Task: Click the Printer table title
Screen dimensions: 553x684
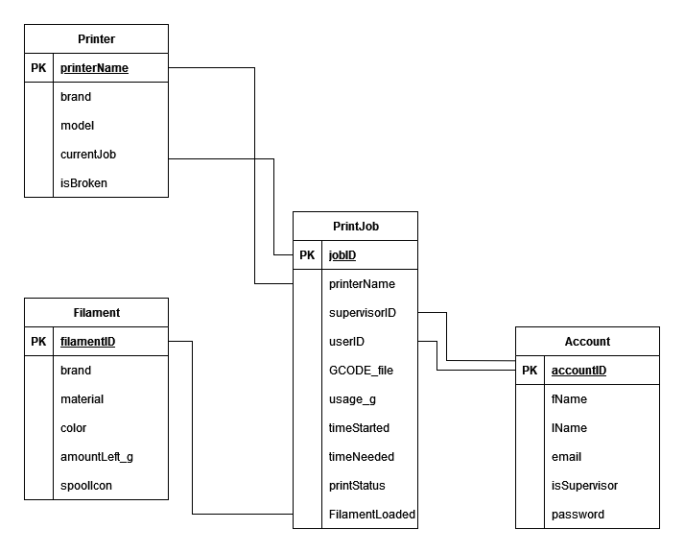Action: [x=96, y=39]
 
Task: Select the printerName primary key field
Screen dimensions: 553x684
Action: [x=94, y=68]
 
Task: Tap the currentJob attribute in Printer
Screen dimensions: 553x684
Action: [x=88, y=155]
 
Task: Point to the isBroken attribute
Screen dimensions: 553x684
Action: [x=83, y=183]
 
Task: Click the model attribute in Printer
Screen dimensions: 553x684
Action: [x=77, y=126]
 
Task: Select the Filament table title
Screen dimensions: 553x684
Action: [x=96, y=313]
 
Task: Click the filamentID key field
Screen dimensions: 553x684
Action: [x=87, y=342]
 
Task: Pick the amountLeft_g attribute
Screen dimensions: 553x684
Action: [x=97, y=457]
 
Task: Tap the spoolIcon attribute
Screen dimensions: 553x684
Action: [x=86, y=486]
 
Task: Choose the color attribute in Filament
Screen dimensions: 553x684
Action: [x=75, y=428]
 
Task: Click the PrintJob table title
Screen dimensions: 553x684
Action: [x=356, y=227]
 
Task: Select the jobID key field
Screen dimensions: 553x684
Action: [x=342, y=255]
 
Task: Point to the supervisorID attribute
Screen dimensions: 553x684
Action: [x=363, y=313]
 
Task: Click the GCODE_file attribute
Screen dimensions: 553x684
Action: [x=361, y=371]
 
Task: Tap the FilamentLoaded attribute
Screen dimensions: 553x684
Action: [x=372, y=515]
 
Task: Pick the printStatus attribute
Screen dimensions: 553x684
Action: [x=357, y=486]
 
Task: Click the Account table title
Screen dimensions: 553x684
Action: [x=587, y=342]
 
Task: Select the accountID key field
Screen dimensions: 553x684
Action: [x=578, y=371]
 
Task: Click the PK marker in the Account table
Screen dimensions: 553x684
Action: [x=530, y=371]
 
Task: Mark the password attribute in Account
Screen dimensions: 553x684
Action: [x=578, y=515]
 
